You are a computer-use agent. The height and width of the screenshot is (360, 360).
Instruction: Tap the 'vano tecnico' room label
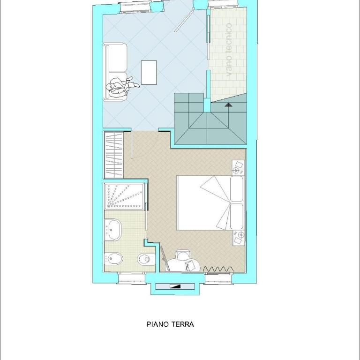click(229, 50)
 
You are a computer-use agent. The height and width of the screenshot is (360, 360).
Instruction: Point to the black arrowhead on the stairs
click(228, 105)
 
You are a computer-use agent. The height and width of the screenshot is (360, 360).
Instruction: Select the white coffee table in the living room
click(149, 73)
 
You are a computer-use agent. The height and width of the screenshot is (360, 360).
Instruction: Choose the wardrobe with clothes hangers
click(114, 155)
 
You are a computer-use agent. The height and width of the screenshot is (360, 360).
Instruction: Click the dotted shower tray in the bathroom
click(124, 196)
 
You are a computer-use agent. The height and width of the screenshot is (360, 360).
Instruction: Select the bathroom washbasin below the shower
click(113, 230)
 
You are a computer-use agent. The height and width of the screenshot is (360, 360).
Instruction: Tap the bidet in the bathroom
click(113, 259)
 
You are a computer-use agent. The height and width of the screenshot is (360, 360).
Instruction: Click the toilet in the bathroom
click(146, 259)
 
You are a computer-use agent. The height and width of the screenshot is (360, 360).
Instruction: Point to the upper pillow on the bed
click(237, 189)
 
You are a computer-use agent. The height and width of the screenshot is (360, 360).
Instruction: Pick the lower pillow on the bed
click(237, 216)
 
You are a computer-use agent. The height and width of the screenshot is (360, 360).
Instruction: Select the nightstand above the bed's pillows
click(238, 168)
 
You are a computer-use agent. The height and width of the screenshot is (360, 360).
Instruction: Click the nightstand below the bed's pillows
click(239, 238)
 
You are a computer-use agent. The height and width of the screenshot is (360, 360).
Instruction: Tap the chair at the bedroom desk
click(183, 255)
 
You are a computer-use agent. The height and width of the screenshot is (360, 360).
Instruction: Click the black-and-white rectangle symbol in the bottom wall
click(175, 286)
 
